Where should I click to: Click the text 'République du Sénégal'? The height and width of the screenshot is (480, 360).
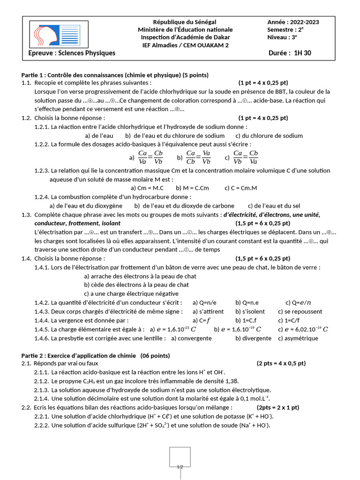point(185,22)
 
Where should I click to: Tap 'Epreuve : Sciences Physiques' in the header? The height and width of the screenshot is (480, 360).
point(72,53)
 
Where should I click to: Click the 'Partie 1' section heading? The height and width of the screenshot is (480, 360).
point(115,75)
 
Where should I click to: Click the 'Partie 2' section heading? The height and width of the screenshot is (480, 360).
point(96,356)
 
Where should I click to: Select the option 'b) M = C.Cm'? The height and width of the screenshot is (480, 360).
point(193,188)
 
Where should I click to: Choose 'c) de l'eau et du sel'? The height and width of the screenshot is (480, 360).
point(274,205)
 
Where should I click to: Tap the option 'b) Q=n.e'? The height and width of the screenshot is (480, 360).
point(247,302)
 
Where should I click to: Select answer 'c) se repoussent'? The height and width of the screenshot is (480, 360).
point(300,311)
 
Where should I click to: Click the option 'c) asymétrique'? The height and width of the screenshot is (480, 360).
point(298,338)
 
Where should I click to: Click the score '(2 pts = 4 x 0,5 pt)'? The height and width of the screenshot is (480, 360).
point(281,363)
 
